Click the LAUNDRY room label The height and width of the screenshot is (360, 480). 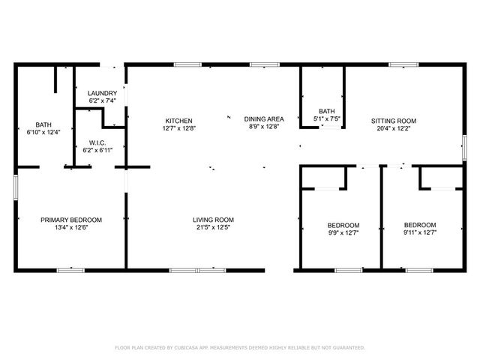click(x=103, y=93)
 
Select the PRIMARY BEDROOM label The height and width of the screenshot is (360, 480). click(x=71, y=220)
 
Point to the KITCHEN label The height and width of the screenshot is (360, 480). click(x=179, y=121)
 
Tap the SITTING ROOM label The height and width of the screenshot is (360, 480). click(x=394, y=121)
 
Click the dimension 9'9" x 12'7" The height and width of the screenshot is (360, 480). click(x=343, y=232)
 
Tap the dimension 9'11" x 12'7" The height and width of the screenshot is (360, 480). click(x=420, y=232)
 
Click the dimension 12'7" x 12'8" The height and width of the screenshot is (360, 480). click(x=179, y=128)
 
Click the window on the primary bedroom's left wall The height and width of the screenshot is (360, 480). click(x=16, y=187)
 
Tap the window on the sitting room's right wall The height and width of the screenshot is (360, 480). click(x=463, y=147)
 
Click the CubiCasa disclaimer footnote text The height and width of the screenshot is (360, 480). click(x=239, y=347)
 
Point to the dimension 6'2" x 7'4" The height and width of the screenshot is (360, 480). click(x=103, y=100)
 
